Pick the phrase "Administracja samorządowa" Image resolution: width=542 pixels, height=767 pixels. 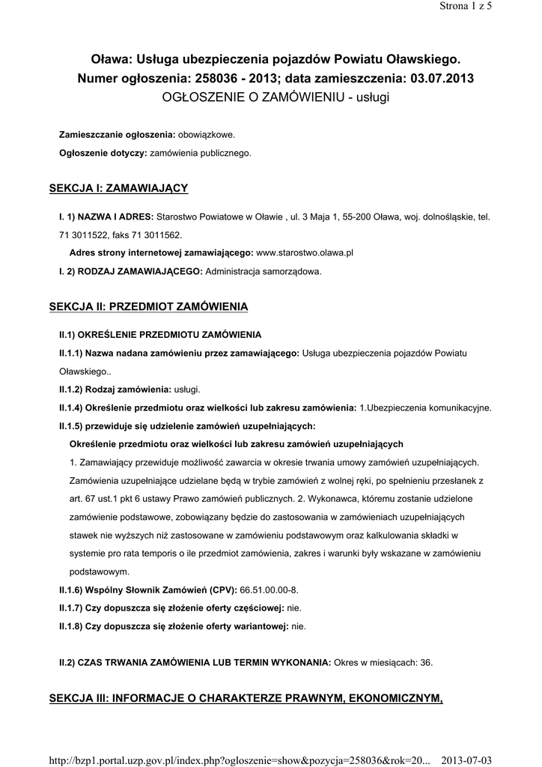click(263, 271)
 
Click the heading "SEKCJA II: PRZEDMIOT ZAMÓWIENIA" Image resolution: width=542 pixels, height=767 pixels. click(148, 306)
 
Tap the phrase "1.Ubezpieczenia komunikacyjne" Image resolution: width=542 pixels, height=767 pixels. click(425, 407)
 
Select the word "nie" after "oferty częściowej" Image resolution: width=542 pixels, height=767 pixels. click(294, 607)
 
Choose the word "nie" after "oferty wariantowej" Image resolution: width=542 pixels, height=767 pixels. click(298, 625)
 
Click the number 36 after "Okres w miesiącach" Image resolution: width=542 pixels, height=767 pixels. click(426, 662)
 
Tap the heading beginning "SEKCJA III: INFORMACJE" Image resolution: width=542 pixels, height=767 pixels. click(246, 698)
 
